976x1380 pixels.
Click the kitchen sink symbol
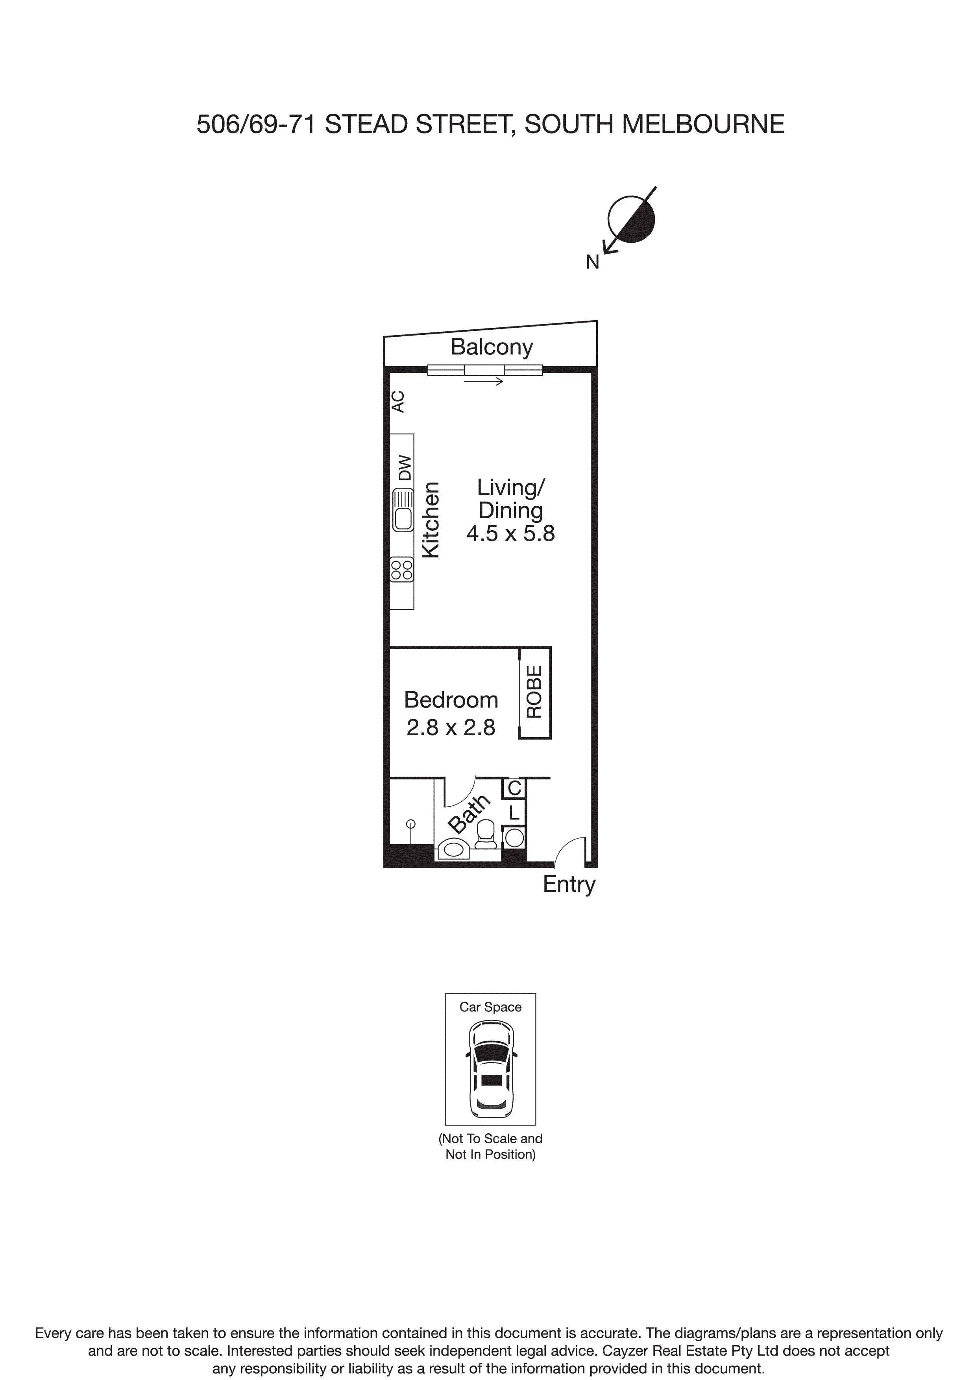[403, 510]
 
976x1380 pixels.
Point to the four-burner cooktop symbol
[402, 569]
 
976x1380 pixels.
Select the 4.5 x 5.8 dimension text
[510, 533]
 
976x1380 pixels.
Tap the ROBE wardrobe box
[534, 692]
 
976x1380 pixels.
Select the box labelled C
[514, 788]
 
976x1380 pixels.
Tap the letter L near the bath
[514, 813]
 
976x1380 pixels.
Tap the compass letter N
[592, 262]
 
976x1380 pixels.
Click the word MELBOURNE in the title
[702, 124]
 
